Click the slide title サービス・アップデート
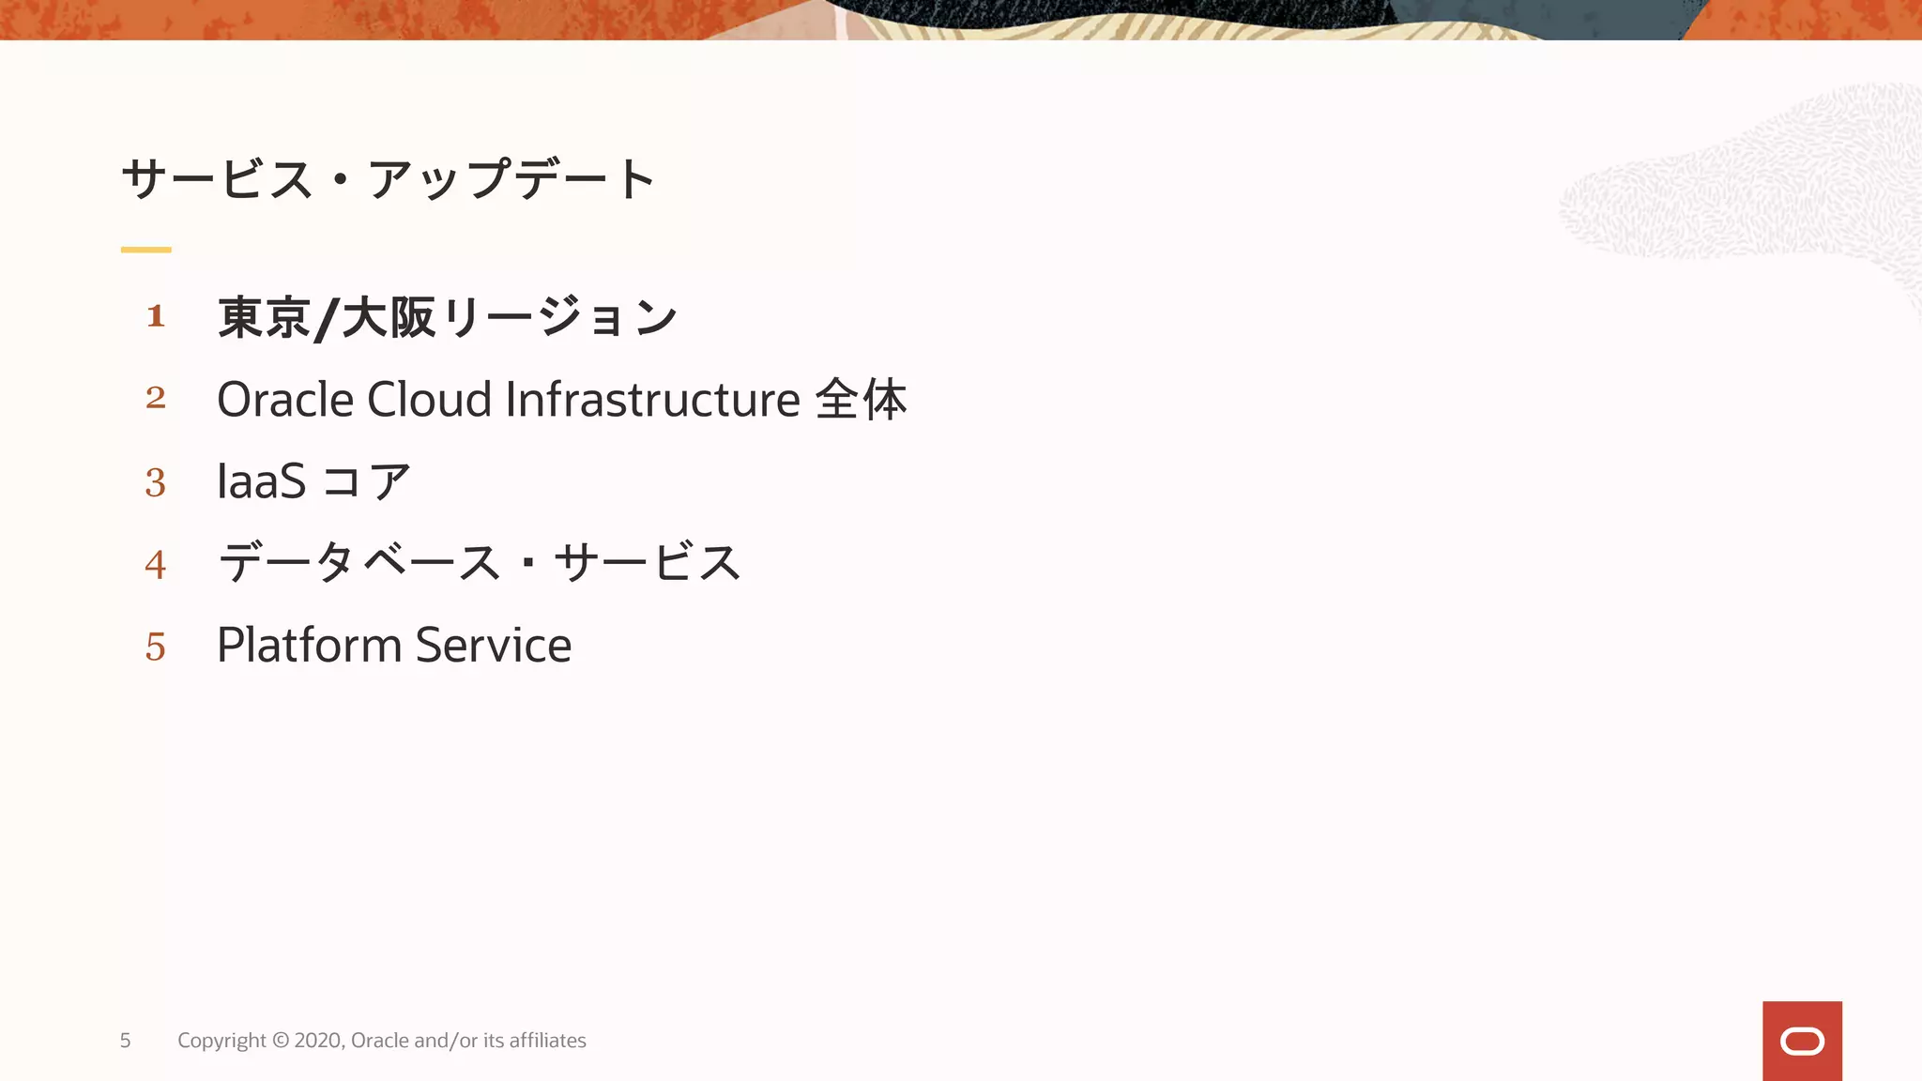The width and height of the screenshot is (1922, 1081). (x=388, y=178)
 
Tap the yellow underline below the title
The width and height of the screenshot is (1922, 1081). (x=145, y=250)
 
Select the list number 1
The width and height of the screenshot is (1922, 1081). (x=156, y=316)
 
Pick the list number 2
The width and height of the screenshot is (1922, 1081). (x=156, y=398)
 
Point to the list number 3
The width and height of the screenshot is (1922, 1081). (x=156, y=482)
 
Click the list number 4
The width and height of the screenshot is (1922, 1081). (x=156, y=565)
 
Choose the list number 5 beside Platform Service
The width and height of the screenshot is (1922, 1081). (x=156, y=647)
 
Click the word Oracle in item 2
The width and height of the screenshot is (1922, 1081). (x=284, y=400)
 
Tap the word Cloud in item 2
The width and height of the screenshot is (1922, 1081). (x=429, y=400)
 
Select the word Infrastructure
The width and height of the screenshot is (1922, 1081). (x=652, y=400)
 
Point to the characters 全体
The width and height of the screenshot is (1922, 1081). (x=861, y=400)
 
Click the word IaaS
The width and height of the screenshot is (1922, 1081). (x=261, y=481)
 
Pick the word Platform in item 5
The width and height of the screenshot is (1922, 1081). (x=309, y=646)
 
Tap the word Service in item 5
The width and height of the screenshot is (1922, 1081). (x=493, y=646)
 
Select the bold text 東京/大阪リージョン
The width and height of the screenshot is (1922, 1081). (x=447, y=317)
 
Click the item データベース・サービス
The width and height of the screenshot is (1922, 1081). (x=479, y=563)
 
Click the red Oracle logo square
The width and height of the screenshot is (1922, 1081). (x=1802, y=1041)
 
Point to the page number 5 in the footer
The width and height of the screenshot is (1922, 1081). (x=125, y=1041)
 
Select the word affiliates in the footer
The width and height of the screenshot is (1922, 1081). (x=547, y=1041)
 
